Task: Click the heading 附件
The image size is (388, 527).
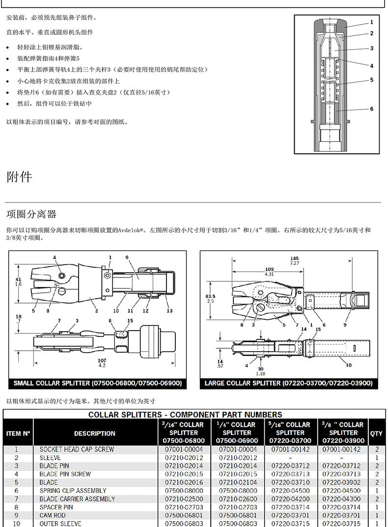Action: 19,177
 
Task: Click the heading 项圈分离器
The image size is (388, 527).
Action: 31,214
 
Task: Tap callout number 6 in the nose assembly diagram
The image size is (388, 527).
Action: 372,109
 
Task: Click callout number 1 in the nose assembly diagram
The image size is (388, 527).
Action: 372,22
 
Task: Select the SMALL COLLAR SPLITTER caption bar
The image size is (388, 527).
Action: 97,383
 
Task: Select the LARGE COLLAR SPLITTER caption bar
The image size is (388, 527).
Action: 288,383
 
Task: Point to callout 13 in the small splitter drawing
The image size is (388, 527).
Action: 169,311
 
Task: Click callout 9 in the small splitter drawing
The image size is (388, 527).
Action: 127,257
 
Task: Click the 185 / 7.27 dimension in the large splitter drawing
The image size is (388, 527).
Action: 294,261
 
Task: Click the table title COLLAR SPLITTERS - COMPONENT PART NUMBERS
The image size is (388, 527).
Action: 185,415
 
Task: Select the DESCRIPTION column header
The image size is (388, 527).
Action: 95,433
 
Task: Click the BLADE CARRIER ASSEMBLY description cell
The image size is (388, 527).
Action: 78,499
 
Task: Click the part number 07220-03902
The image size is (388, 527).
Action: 343,482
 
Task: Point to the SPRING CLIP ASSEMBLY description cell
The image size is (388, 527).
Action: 73,491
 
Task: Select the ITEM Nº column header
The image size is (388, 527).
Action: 19,433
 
